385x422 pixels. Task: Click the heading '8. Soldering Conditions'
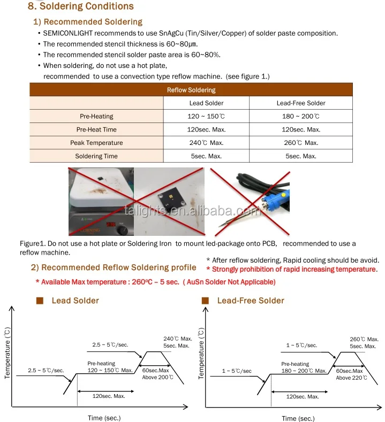point(80,7)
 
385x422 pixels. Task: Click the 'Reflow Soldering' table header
point(191,90)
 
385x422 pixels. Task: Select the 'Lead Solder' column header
point(206,103)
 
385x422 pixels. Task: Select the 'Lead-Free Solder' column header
point(301,103)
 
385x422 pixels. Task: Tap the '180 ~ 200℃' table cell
point(301,117)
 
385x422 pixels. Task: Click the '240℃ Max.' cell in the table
point(206,143)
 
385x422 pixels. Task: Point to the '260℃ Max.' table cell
point(301,143)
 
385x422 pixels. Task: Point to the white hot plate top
point(99,190)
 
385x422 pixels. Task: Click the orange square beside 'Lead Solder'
point(40,301)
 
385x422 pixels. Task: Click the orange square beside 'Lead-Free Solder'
point(205,301)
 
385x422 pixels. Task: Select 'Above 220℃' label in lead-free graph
point(351,378)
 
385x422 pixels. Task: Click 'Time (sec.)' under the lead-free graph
point(299,418)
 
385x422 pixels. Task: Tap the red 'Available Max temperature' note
point(155,282)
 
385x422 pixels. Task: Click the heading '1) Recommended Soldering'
point(88,22)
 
